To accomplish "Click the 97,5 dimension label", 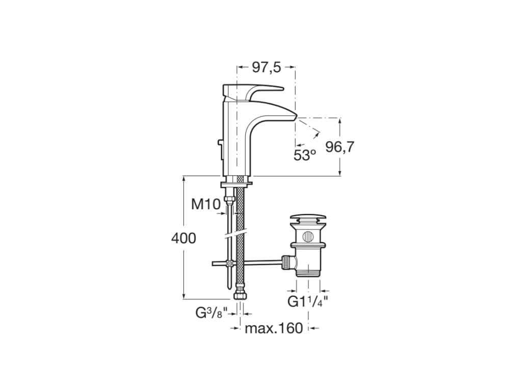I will coord(266,67).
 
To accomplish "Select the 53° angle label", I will coord(305,155).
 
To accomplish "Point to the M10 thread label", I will coord(205,205).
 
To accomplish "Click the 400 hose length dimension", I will coord(183,238).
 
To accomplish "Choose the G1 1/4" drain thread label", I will coord(307,301).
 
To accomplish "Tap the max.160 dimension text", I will coord(274,328).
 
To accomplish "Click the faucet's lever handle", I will coord(260,90).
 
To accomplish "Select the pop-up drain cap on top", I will coord(307,219).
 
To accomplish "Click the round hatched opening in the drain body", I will coord(307,236).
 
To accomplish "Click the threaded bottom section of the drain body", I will coord(307,271).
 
